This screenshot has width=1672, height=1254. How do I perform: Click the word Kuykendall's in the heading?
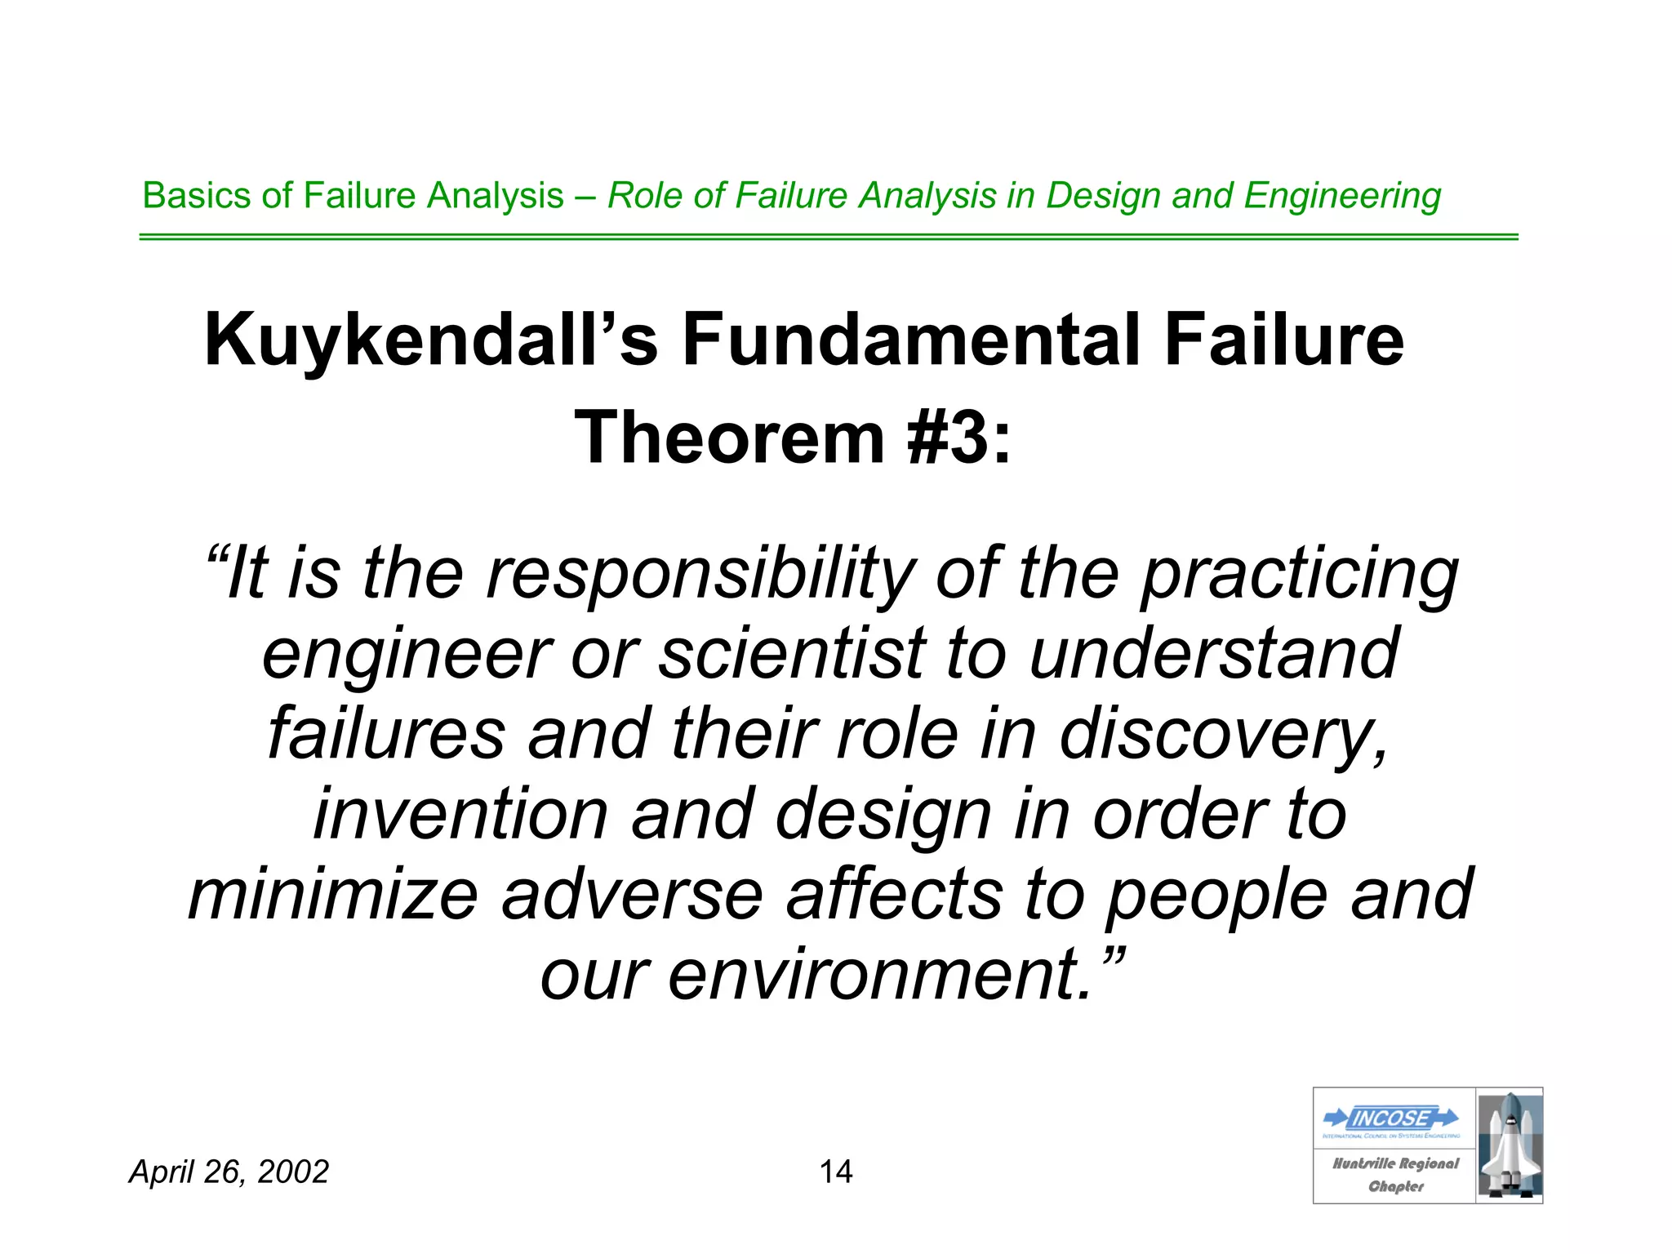[x=430, y=340]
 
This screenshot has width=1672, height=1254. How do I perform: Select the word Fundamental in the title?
[x=911, y=340]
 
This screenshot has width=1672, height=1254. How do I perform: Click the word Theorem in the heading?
[x=730, y=438]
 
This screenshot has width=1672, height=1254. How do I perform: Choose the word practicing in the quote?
[x=1299, y=575]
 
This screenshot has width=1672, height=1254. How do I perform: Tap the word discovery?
[x=1223, y=735]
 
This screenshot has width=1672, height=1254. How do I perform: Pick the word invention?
[x=460, y=814]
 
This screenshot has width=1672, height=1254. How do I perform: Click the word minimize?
[x=333, y=895]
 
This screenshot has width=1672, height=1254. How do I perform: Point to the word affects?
[x=894, y=895]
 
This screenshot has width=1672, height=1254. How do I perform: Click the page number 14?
[x=835, y=1172]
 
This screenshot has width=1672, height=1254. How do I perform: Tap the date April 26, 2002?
[x=229, y=1172]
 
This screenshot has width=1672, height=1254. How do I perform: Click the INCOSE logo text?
[x=1390, y=1118]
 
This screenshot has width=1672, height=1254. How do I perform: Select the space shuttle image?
[x=1510, y=1145]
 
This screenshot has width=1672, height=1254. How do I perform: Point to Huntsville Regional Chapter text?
[x=1395, y=1175]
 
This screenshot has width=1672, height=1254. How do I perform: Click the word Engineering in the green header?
[x=1342, y=196]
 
